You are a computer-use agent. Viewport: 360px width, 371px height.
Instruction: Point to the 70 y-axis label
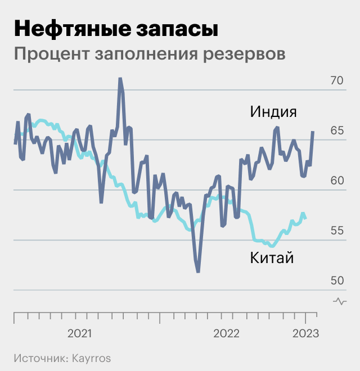pos(336,80)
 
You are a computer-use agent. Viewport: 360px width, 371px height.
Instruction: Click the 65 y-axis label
pos(336,130)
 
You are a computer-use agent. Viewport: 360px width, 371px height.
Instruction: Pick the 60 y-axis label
pos(336,180)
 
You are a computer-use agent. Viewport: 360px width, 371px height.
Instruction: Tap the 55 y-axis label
pos(336,230)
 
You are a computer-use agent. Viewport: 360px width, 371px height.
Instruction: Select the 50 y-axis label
pos(336,280)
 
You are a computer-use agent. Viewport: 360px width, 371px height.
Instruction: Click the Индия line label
pos(273,111)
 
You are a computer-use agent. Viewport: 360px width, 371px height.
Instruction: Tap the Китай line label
pos(272,258)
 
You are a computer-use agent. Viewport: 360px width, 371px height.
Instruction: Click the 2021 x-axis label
pos(79,333)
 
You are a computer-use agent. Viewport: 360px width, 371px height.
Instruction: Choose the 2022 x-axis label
pos(226,333)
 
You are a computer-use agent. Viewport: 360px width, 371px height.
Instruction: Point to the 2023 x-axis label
pos(305,333)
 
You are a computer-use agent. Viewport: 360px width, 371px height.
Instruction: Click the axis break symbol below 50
pos(340,301)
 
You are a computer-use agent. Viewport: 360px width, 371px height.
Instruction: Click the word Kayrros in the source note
pos(90,358)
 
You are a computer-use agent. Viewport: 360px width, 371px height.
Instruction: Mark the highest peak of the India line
pos(120,79)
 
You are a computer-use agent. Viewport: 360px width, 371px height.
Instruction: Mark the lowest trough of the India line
pos(198,272)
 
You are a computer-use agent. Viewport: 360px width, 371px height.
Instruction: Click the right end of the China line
pos(305,218)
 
